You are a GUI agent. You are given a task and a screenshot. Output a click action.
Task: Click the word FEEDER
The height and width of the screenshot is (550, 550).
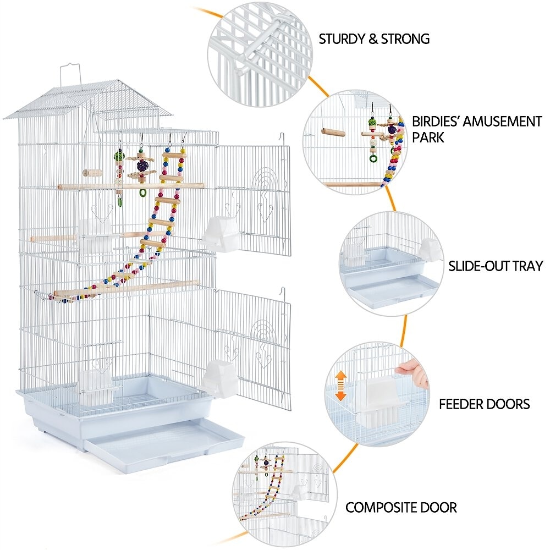coord(463,404)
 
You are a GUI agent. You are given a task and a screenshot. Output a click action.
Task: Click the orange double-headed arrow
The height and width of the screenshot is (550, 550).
coord(341,386)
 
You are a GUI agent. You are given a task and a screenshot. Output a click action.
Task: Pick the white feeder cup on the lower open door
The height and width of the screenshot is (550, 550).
coord(218,380)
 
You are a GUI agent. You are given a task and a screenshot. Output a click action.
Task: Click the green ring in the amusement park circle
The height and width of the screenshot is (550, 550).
coord(373,158)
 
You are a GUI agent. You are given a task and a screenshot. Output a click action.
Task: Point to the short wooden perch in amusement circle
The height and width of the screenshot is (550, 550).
coord(333,132)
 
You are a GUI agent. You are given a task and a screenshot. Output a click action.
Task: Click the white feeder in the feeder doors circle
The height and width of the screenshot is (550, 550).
coord(382,403)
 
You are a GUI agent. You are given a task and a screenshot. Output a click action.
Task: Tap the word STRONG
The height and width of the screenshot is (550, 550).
coord(405,39)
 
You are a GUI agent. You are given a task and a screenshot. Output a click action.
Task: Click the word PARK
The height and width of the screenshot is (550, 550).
coord(428,137)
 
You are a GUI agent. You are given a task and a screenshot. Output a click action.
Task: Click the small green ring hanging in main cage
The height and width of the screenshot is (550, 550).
coord(143,193)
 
